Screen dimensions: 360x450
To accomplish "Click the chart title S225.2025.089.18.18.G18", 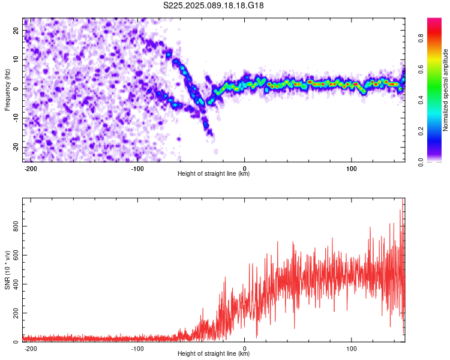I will tap(214, 5).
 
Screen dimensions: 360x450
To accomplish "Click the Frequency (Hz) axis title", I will tap(7, 89).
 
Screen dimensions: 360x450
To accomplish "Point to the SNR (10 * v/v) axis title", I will tap(7, 270).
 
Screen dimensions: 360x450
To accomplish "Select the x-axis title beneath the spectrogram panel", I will tap(214, 174).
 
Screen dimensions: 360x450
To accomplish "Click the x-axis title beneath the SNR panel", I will tap(214, 354).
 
